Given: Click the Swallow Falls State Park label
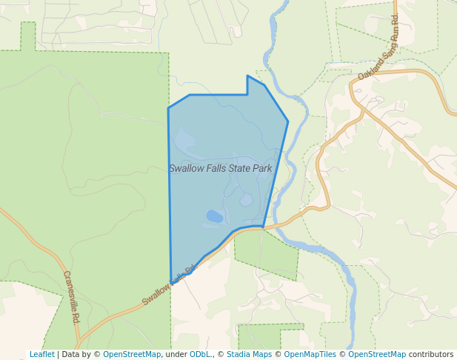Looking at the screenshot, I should coord(220,168).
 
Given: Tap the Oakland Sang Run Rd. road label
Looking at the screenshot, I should coord(378,47).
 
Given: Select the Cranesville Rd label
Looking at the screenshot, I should coord(71,296).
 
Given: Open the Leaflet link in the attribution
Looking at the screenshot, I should coord(41,354).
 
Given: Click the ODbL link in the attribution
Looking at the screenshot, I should coord(199,354).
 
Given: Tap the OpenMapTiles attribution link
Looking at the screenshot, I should coord(311,354).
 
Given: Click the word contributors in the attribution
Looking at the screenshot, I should coord(431,354).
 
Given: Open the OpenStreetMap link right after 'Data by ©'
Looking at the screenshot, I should coord(132,354).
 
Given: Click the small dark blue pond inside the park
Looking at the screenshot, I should coord(214,216).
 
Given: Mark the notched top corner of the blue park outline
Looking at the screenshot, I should coord(247,76).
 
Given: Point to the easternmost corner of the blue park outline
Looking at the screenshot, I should coord(288,121).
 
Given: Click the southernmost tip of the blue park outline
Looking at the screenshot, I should coord(172,279).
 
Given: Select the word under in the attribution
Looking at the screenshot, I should coord(176,354).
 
